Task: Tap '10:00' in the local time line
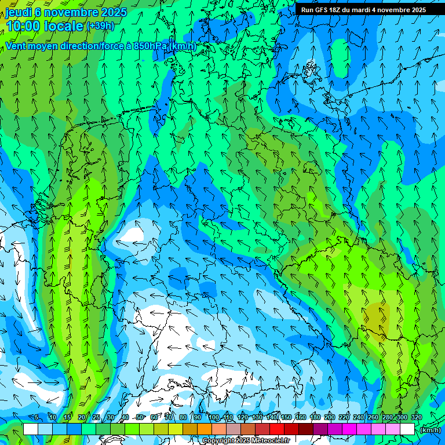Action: [23, 26]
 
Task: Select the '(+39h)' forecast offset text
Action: [100, 25]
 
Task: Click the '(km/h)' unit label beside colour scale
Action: [429, 430]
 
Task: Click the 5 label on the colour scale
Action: [37, 417]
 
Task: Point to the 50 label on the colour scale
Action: [140, 417]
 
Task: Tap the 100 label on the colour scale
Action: [214, 417]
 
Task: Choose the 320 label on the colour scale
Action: [417, 417]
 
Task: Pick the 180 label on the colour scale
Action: [315, 417]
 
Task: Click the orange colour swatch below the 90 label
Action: [205, 429]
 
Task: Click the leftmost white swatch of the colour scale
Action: [31, 429]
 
